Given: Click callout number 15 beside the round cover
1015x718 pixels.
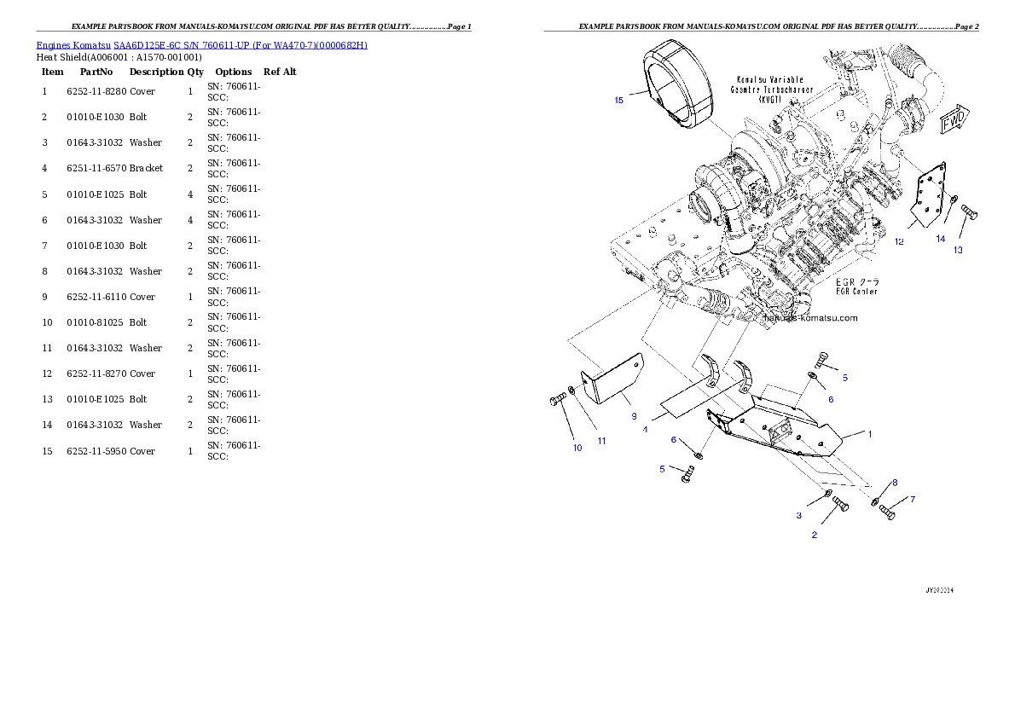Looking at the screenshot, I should (619, 100).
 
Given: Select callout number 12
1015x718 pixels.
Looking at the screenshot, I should (899, 241).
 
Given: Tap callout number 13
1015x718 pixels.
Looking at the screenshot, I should (958, 250).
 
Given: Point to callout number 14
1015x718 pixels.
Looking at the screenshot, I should (941, 239).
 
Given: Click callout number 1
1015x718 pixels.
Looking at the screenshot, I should (870, 434).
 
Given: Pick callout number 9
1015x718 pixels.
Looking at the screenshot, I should (634, 416).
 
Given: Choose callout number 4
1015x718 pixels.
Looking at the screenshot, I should (645, 430).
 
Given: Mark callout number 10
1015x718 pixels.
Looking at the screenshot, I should (577, 448).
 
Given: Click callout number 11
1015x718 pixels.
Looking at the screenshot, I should (601, 441).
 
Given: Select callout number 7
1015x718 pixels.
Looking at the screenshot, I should (912, 499).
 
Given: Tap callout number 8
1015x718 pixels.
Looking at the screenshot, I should (895, 483).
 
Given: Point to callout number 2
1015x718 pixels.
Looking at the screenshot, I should (815, 535).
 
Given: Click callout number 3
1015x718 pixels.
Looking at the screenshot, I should (799, 515).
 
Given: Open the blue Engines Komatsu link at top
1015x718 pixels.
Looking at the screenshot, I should (201, 45).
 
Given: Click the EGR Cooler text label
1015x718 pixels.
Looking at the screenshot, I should (855, 287).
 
